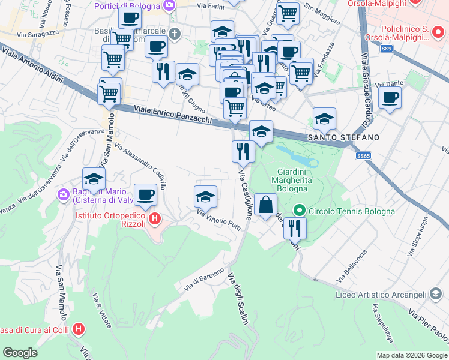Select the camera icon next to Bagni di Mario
click(64, 195)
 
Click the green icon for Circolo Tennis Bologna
click(299, 211)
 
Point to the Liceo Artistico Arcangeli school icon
click(436, 294)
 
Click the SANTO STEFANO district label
click(343, 137)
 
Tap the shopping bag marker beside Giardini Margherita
click(265, 205)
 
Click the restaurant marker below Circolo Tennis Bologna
click(295, 227)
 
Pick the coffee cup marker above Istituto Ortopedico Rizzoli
click(145, 194)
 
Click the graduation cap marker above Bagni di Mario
click(94, 178)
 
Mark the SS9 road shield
click(386, 48)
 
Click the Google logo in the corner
click(20, 353)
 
